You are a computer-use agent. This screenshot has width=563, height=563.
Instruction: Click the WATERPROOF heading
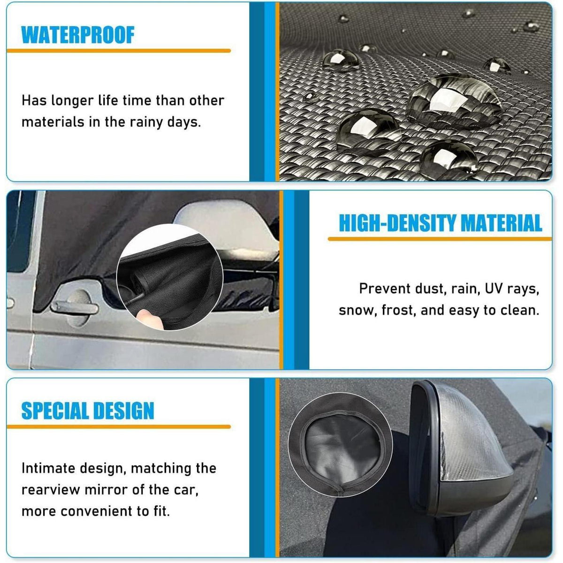point(78,35)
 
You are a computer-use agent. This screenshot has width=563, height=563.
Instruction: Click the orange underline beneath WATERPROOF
point(119,51)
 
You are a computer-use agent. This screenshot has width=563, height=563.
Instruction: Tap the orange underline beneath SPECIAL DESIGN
point(119,426)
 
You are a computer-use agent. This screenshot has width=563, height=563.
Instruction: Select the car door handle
point(74,308)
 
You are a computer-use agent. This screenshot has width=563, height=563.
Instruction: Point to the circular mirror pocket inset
point(340,445)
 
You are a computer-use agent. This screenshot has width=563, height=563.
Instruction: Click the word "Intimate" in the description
point(48,468)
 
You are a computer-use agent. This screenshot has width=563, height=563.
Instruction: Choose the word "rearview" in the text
point(51,490)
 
